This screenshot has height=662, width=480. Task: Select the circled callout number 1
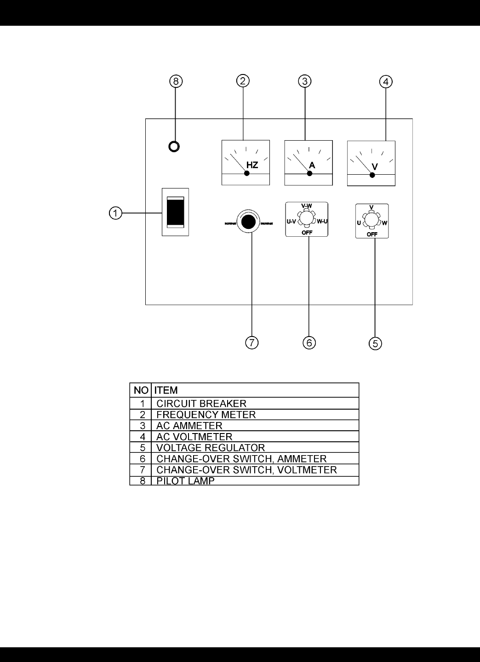pos(116,213)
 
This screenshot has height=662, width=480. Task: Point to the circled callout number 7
pos(251,342)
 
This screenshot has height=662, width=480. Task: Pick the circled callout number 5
pos(375,343)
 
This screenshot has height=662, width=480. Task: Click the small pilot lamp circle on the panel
pos(174,147)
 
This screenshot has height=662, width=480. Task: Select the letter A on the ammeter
pos(312,165)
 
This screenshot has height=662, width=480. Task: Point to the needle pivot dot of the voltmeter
pos(372,175)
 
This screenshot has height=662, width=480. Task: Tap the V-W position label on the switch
pos(306,205)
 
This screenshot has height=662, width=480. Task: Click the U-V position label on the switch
pos(291,221)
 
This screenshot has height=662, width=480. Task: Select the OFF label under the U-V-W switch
pos(371,234)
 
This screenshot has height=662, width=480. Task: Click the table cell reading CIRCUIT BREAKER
pos(201,404)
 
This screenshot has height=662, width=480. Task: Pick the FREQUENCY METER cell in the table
pos(206,415)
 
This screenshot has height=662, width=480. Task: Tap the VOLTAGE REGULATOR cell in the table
pos(211,448)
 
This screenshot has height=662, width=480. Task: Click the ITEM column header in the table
pos(166,390)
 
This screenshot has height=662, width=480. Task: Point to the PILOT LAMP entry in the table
pos(185,481)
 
